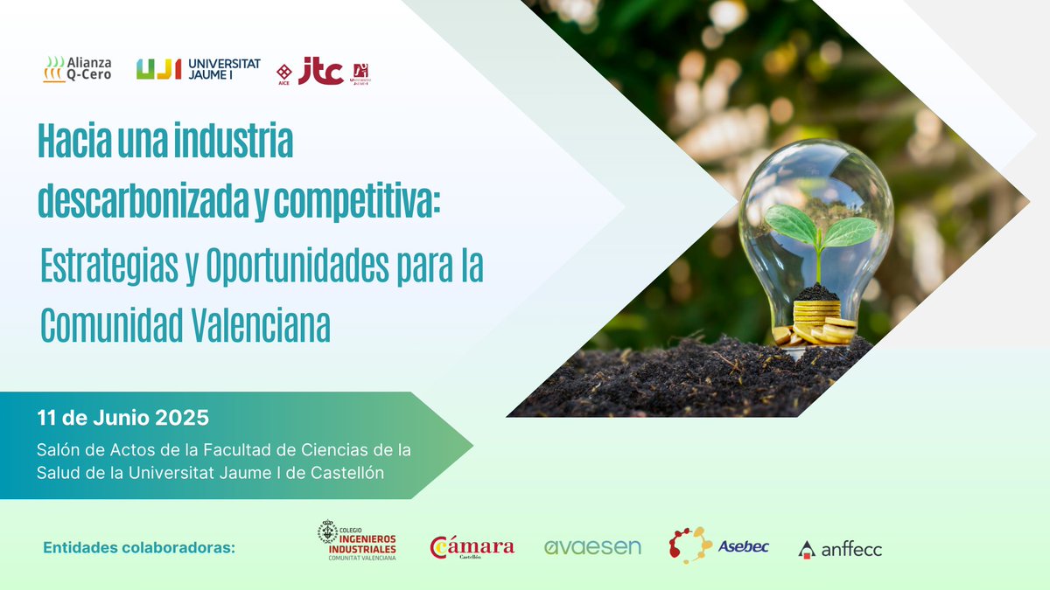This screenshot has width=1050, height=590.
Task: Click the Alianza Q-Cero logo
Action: click(77, 69)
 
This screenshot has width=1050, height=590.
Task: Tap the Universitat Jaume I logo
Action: click(199, 69)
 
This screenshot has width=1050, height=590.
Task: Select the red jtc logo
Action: click(320, 71)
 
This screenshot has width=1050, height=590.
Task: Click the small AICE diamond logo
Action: click(283, 73)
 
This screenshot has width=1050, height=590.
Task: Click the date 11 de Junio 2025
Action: click(123, 417)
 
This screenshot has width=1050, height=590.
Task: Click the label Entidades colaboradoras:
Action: click(139, 548)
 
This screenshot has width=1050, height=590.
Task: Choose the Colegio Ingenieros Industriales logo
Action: click(357, 541)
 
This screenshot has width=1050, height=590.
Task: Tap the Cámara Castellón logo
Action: click(472, 547)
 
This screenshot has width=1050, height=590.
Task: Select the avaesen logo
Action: click(592, 547)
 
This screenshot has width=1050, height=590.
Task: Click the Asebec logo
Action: click(718, 545)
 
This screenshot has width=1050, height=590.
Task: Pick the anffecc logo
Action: click(840, 549)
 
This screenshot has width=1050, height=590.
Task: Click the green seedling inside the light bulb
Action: click(819, 230)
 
